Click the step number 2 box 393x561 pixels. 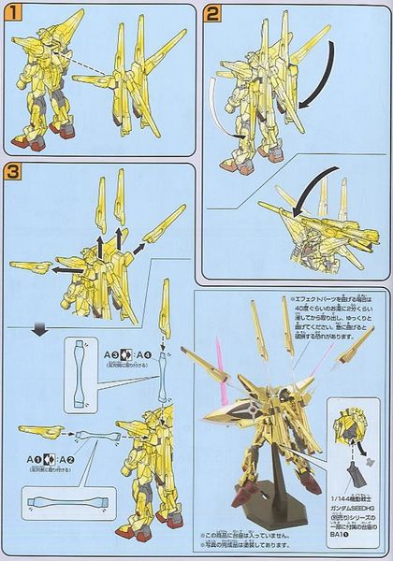[212, 14]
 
